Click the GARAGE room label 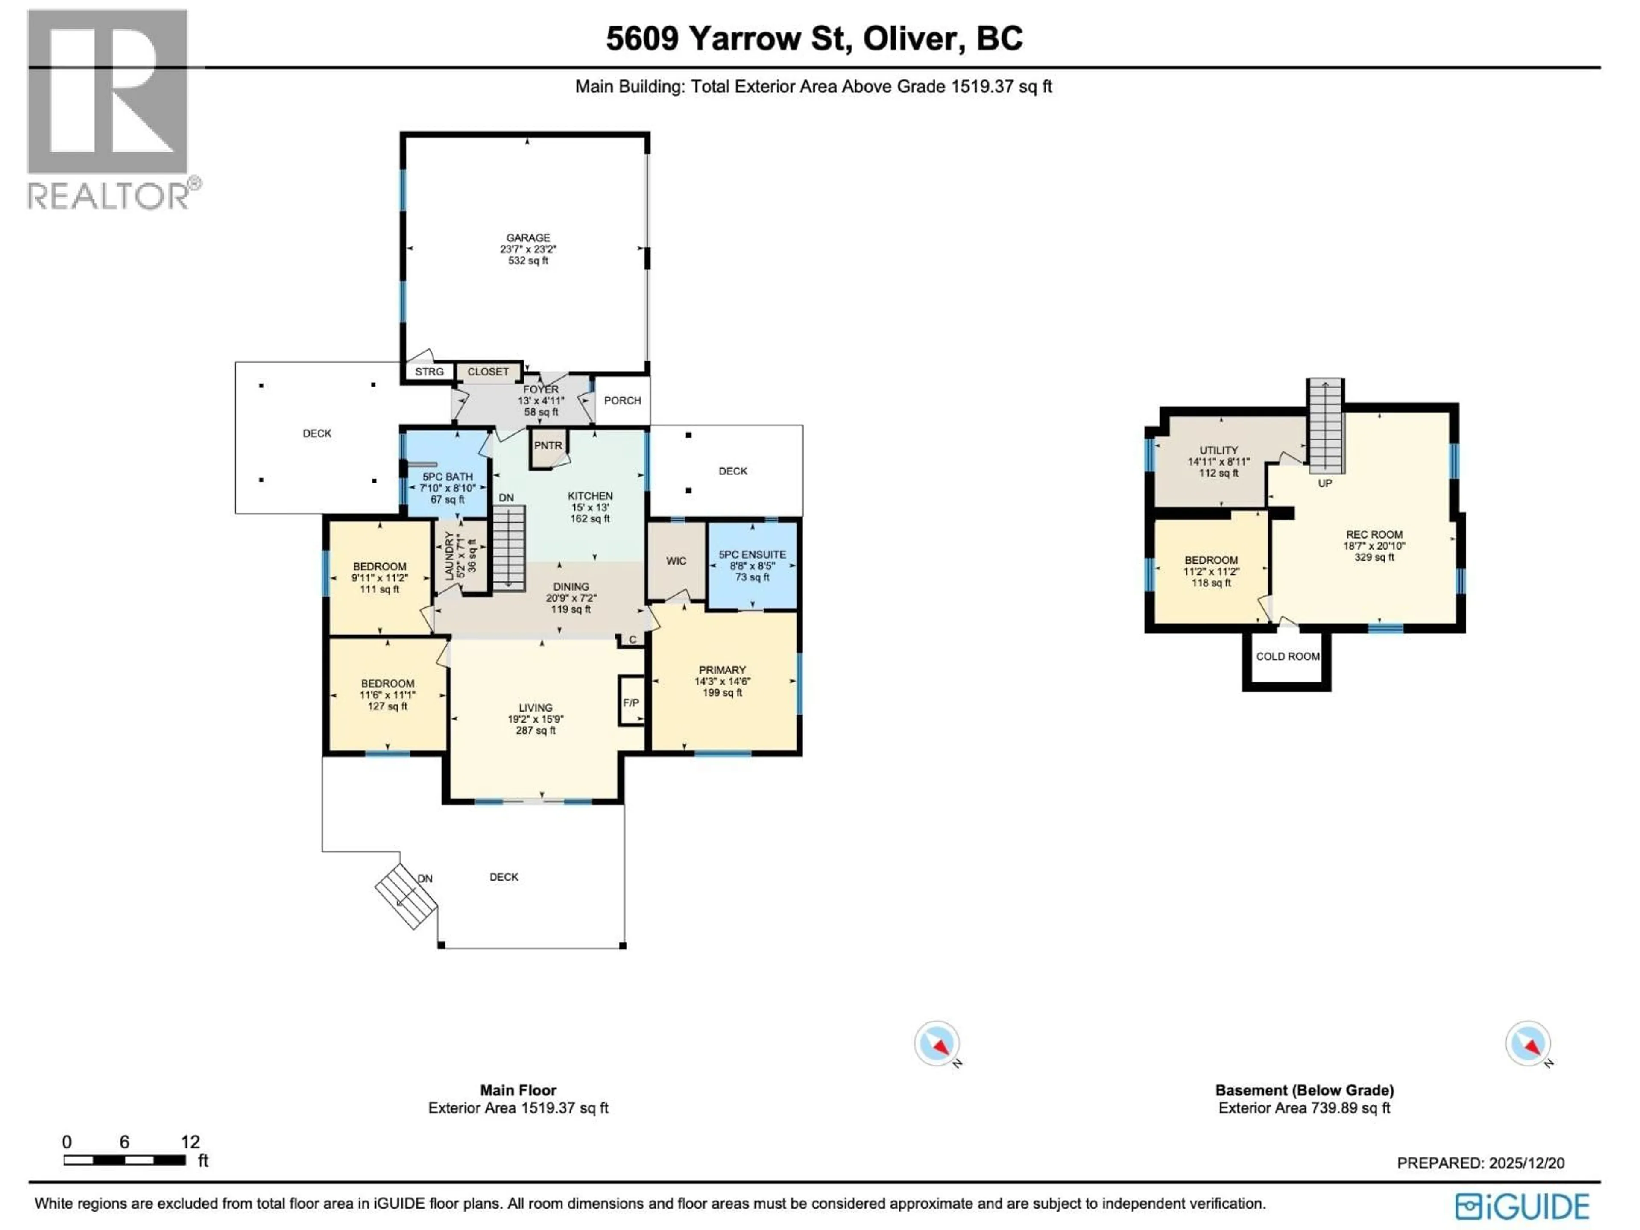point(528,238)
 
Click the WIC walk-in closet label point(675,561)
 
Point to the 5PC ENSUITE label point(752,555)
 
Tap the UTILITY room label point(1218,451)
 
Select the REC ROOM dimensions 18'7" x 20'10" point(1374,546)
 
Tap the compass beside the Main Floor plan point(937,1044)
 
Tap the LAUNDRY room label point(448,556)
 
